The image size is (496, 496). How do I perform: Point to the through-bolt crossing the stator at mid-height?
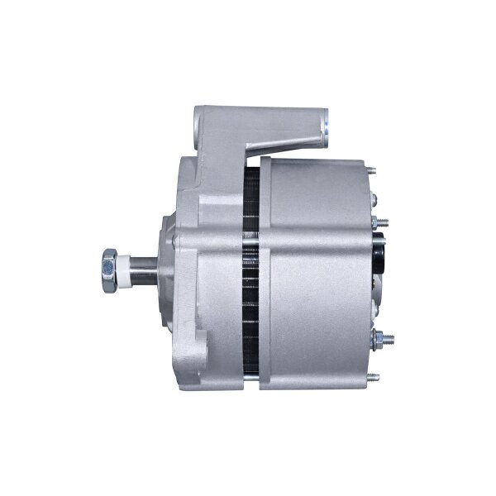[x=250, y=263]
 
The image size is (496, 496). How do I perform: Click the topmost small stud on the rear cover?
[x=372, y=170]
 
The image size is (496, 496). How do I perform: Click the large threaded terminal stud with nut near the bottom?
[x=382, y=338]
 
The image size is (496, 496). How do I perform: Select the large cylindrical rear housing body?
[x=318, y=273]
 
